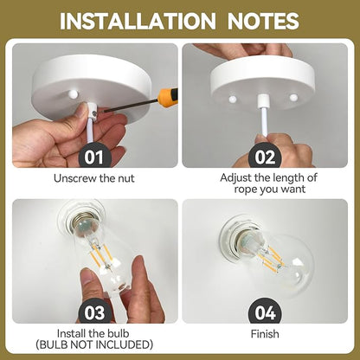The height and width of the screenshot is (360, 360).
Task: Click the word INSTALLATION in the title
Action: point(138,21)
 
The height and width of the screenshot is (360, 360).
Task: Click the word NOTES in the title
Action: point(263,21)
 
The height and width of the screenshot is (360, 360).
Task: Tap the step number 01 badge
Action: point(94,157)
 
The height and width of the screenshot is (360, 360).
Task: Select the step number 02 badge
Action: point(265,157)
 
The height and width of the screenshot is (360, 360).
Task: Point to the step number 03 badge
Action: point(94,312)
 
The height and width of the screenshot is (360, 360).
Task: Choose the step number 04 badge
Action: point(265,312)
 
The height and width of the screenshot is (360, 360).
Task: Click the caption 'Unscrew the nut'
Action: point(94,178)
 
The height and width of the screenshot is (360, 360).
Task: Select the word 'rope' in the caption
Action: point(246,190)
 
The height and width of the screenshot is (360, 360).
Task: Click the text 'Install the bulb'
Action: point(93,333)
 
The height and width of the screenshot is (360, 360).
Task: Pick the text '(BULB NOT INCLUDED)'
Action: point(94,344)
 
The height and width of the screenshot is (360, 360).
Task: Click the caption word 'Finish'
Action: point(265,334)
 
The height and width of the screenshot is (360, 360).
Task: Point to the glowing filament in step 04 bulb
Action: point(271,258)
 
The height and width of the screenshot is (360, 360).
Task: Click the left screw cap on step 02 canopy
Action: point(233,100)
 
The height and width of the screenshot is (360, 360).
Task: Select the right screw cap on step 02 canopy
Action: point(293,98)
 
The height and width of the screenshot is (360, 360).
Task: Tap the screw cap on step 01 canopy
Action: point(74,93)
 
